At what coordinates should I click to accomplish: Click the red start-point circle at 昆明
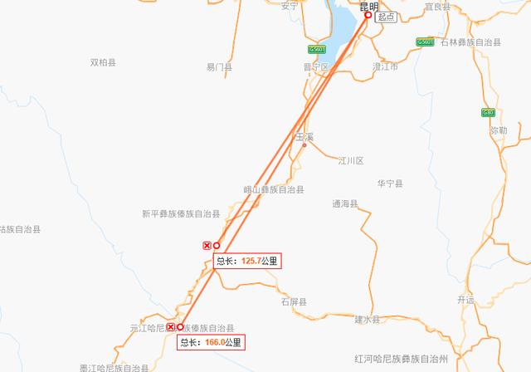(x=368, y=15)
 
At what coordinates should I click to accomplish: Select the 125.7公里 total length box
(x=246, y=261)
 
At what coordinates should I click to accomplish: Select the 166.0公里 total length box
(x=212, y=341)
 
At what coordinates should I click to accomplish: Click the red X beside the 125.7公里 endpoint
(x=207, y=245)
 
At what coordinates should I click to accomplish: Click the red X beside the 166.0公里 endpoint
(x=171, y=327)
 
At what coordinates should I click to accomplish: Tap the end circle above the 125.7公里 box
(x=217, y=245)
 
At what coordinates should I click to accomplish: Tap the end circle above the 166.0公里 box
(x=180, y=327)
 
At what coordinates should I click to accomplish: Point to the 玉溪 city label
(x=304, y=135)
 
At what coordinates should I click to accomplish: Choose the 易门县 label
(x=220, y=67)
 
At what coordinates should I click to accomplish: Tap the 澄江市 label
(x=383, y=66)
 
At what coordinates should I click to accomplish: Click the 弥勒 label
(x=499, y=130)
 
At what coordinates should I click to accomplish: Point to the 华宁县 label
(x=390, y=184)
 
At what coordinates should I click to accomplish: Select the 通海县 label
(x=344, y=203)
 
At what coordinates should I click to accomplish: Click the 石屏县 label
(x=294, y=301)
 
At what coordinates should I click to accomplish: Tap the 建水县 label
(x=367, y=320)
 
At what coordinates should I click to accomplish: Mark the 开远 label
(x=465, y=300)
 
